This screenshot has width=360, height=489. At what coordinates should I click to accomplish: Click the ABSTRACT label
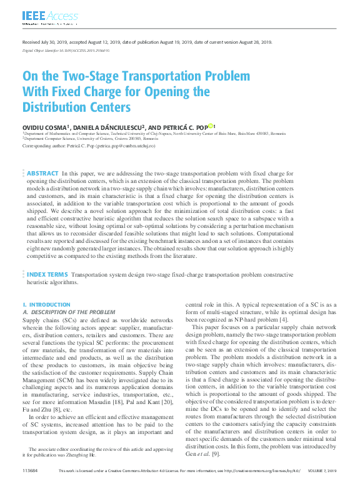43,173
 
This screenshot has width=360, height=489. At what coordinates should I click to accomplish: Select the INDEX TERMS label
47,274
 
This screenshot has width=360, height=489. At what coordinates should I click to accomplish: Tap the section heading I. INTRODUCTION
47,305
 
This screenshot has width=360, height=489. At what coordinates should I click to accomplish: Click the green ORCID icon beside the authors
211,126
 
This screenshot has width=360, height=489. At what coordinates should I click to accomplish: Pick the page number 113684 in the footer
30,471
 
